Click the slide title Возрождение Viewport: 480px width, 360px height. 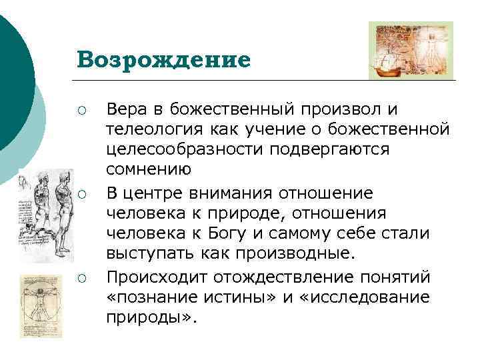pos(163,59)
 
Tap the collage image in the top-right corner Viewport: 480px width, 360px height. pos(411,50)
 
